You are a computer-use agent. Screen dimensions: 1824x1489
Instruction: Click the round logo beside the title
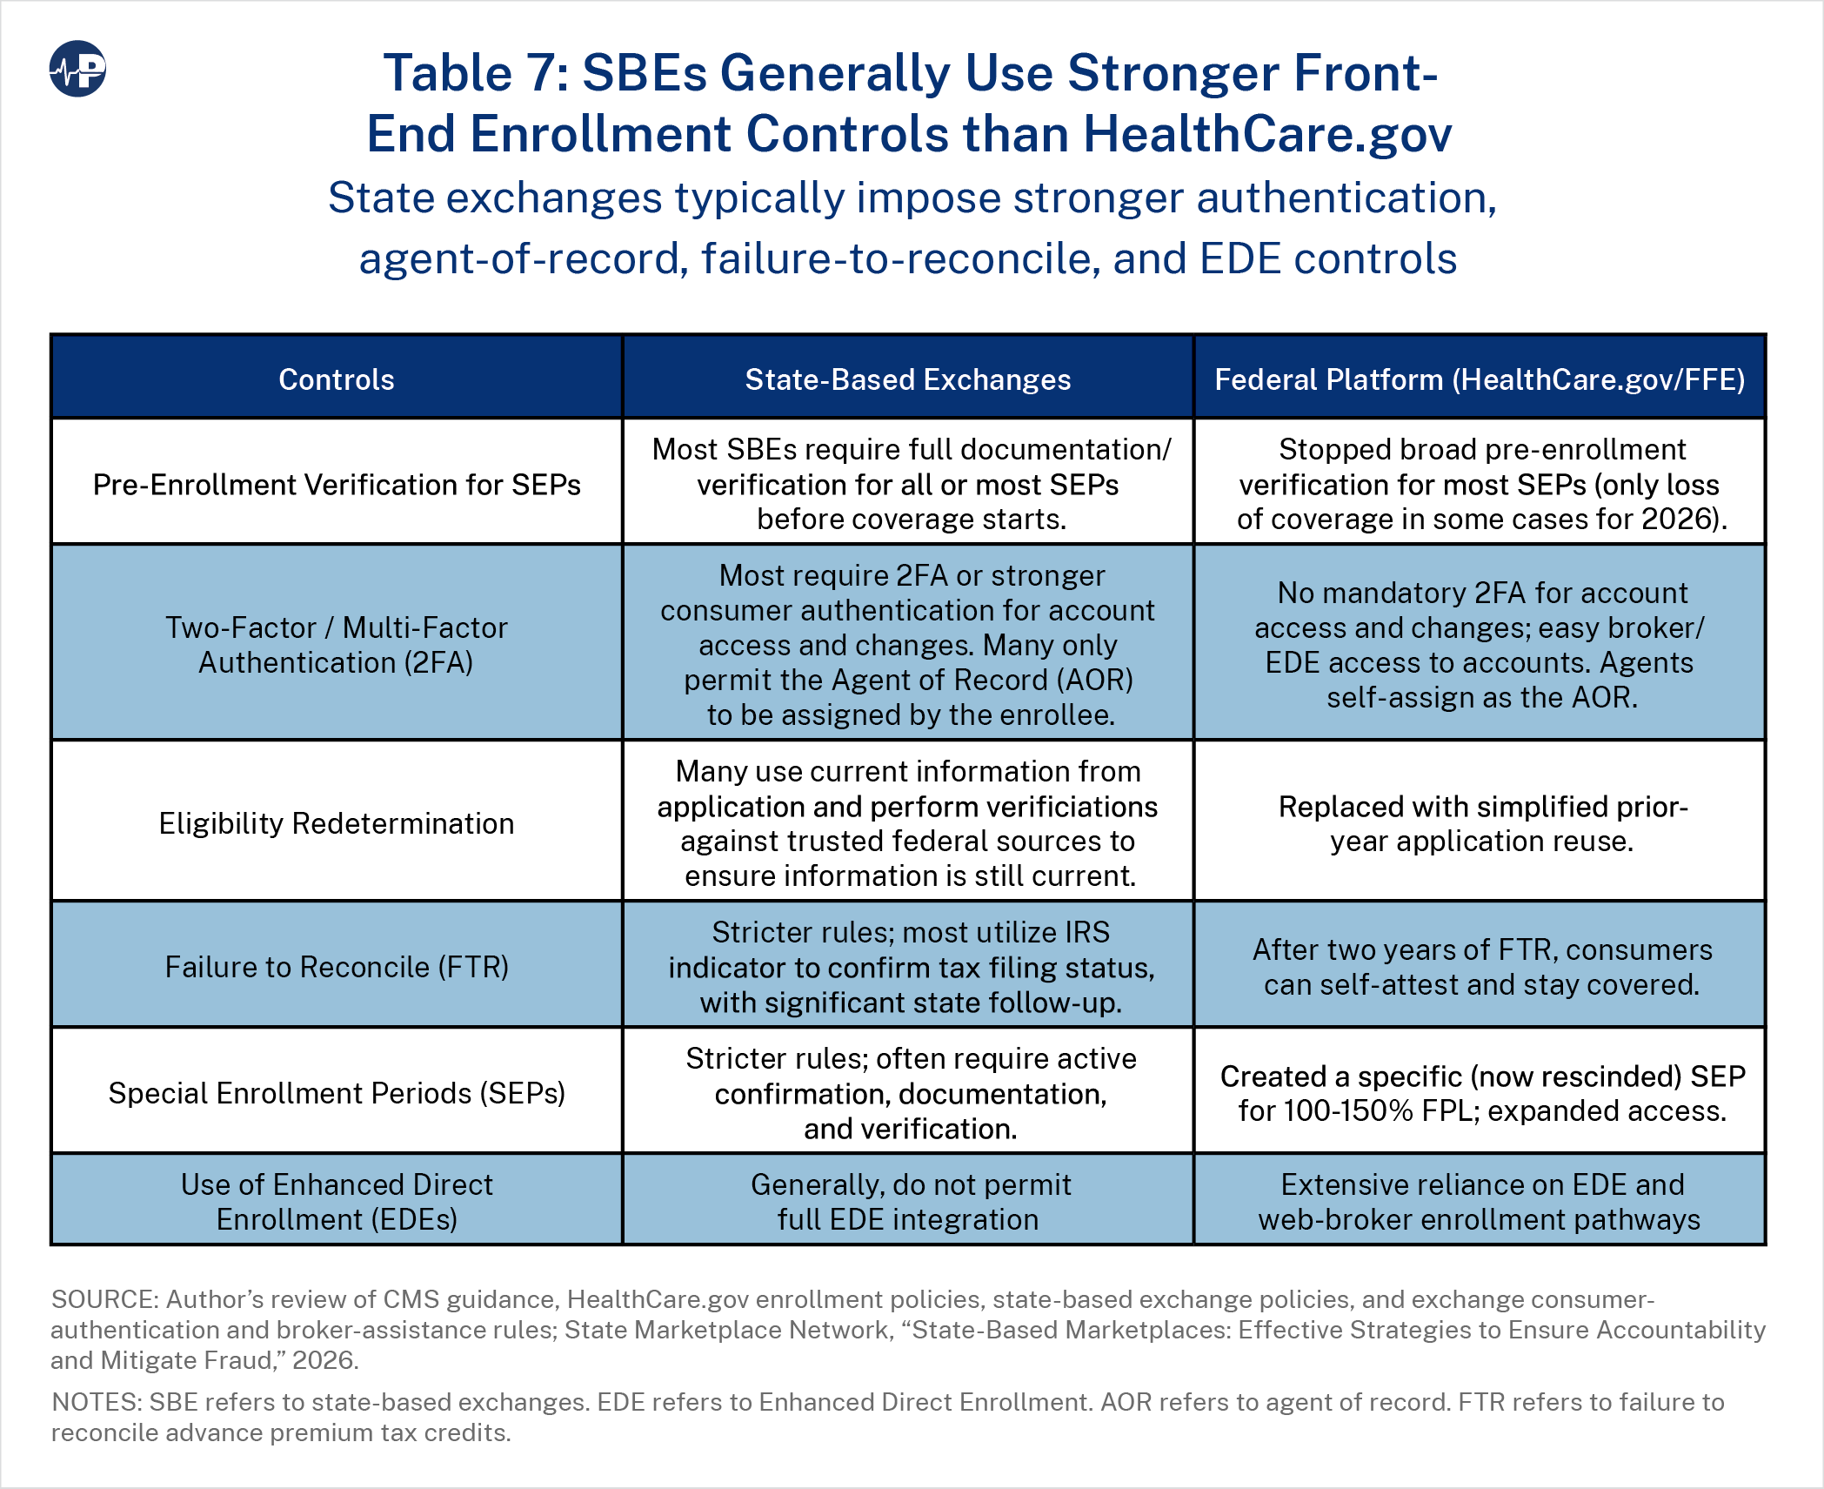(x=77, y=69)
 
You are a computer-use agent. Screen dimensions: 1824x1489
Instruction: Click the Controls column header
(x=337, y=379)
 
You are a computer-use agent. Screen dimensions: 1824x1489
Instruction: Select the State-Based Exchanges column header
(x=908, y=379)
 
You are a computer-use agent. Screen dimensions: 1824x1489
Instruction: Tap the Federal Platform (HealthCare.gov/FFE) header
(x=1480, y=379)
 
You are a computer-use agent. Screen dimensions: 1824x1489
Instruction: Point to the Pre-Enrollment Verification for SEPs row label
(x=337, y=485)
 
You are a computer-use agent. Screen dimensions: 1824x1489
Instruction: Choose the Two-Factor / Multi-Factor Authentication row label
(x=337, y=645)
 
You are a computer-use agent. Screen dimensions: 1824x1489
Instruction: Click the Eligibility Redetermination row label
(x=337, y=823)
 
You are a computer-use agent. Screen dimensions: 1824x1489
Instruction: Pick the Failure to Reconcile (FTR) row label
(x=337, y=967)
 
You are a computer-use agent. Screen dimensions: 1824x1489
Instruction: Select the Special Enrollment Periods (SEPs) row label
(x=337, y=1093)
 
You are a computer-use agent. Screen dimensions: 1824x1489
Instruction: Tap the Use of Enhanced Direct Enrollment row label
(x=337, y=1202)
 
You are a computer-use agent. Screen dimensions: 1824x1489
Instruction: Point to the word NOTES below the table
(x=97, y=1402)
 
